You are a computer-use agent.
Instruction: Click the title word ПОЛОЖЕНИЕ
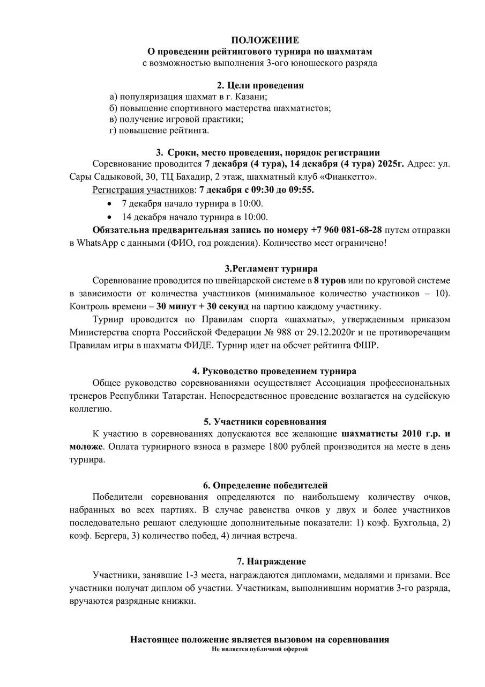tap(265, 40)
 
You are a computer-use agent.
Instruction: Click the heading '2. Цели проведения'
tap(260, 85)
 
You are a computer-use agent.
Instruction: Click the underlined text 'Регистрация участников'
tap(144, 190)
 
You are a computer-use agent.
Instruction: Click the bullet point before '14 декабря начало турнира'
tap(110, 217)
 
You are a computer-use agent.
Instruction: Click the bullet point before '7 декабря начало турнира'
tap(110, 203)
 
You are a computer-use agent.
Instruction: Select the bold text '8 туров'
tap(330, 280)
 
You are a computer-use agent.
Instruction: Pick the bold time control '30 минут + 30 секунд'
tap(203, 306)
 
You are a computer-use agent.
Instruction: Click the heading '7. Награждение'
tap(271, 561)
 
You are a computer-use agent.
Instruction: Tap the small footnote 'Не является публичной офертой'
tap(260, 649)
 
